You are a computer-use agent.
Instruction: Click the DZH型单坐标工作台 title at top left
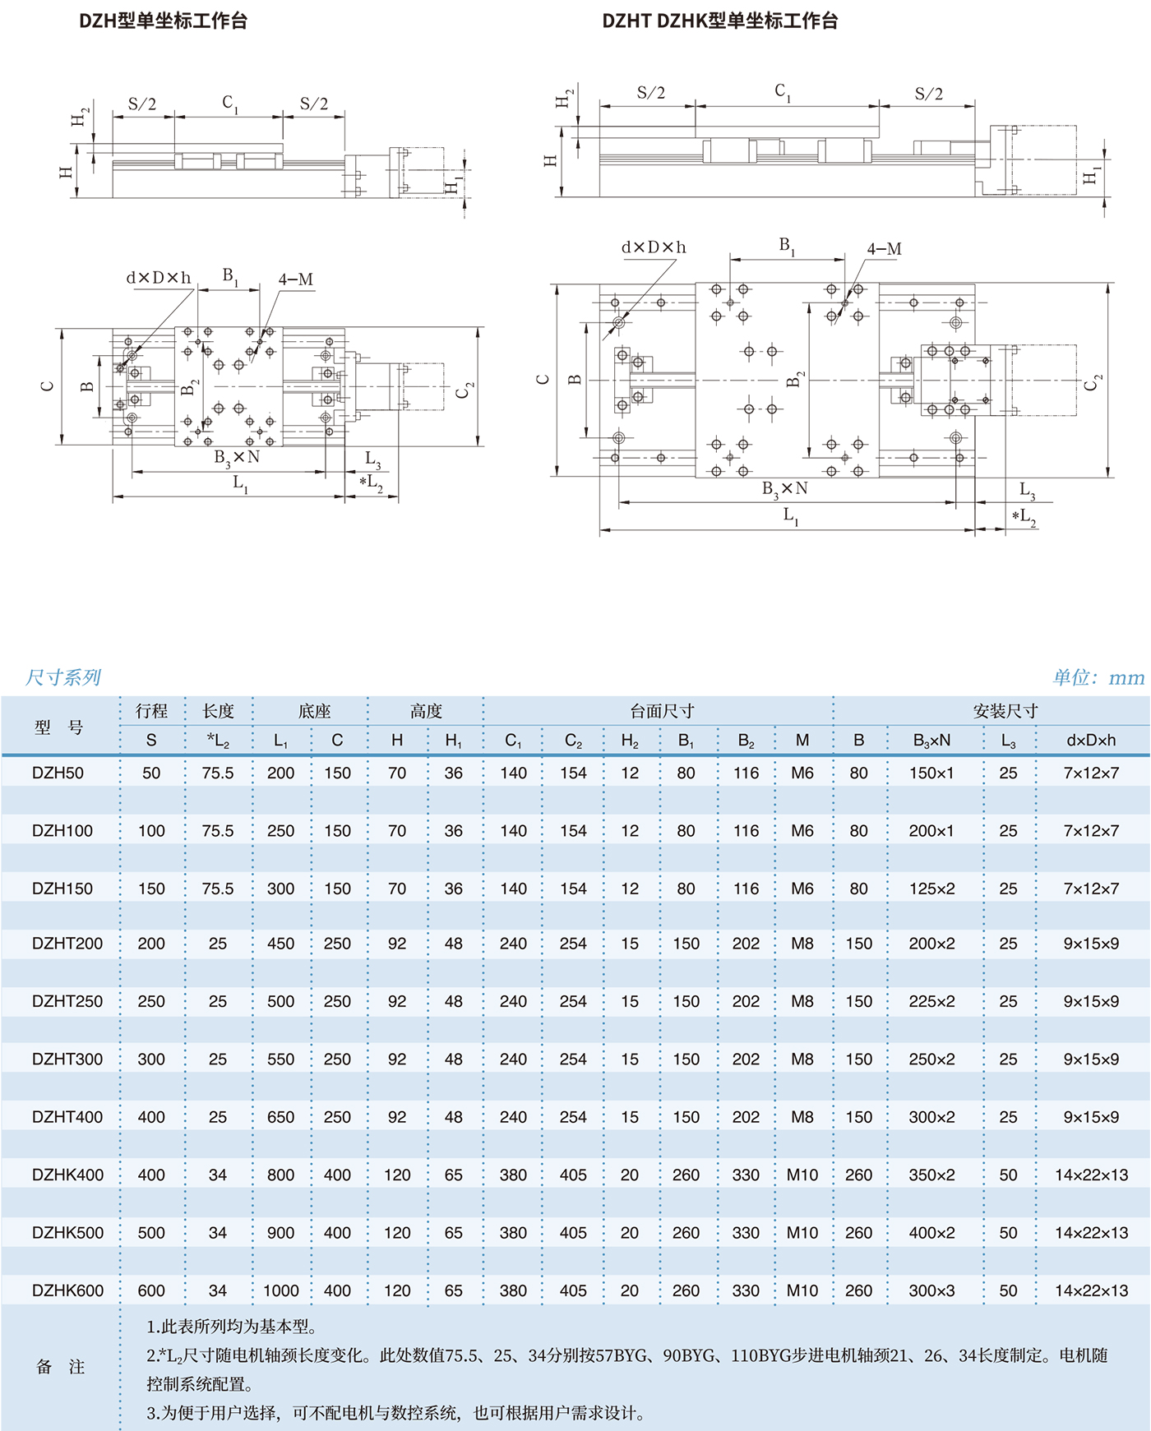coord(163,21)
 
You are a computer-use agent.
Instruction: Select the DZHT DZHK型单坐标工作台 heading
coord(719,21)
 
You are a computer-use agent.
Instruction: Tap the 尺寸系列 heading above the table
coord(62,677)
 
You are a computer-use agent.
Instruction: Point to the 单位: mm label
coord(1098,677)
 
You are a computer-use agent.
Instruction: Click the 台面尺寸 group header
coord(662,711)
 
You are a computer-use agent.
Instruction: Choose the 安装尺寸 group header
coord(1005,711)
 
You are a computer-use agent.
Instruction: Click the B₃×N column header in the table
coord(931,741)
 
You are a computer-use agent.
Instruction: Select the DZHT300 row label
coord(67,1059)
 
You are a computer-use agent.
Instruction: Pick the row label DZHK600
coord(67,1290)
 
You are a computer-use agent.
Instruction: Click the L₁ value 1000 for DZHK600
coord(280,1290)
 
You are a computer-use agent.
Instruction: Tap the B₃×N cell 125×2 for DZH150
coord(931,889)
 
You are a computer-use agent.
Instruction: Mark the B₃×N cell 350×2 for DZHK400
coord(931,1175)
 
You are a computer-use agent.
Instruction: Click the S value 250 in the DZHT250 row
coord(151,1001)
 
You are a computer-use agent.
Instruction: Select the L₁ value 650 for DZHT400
coord(280,1117)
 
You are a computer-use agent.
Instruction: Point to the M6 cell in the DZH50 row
coord(802,773)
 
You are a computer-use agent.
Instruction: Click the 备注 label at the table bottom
coord(60,1367)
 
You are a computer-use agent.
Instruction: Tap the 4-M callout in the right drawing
coord(884,249)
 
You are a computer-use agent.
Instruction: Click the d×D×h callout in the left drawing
coord(159,278)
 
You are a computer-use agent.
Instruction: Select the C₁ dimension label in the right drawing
coord(783,92)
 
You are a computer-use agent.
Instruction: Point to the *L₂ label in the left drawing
coord(371,482)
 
